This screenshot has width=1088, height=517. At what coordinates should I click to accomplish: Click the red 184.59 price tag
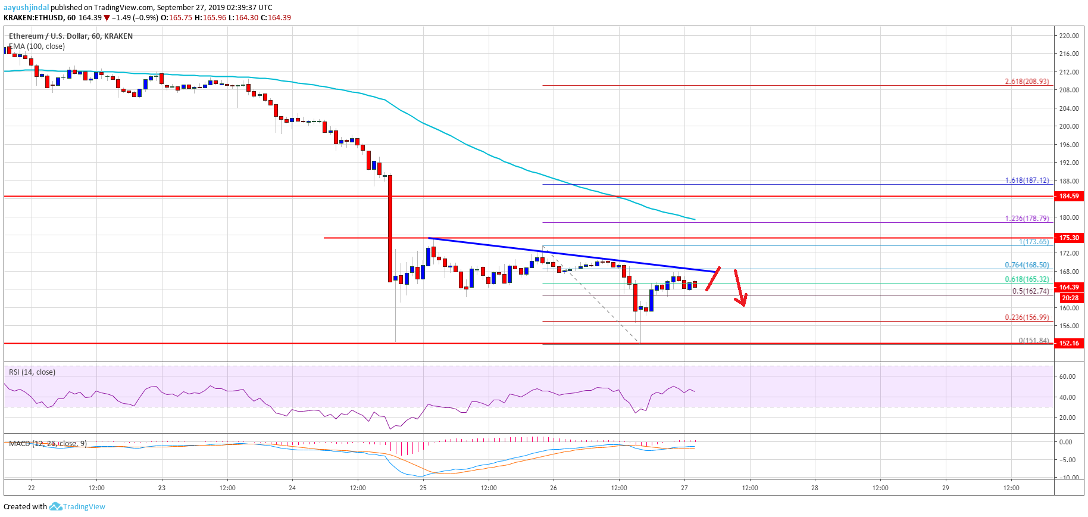(1069, 196)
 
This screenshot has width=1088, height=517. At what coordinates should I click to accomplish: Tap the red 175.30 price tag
(1069, 238)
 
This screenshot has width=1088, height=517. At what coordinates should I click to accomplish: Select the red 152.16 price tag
(1069, 343)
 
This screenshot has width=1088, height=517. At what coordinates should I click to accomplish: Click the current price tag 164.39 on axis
(1069, 287)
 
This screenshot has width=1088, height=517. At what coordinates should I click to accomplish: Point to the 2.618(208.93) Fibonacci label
(1027, 82)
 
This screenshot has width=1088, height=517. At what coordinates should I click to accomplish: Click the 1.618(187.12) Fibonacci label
(1027, 180)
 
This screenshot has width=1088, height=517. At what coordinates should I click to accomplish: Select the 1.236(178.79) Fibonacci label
(1027, 219)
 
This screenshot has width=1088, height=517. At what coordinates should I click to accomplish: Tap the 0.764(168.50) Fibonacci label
(1027, 265)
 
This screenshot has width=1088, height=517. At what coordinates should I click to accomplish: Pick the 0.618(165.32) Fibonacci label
(1027, 279)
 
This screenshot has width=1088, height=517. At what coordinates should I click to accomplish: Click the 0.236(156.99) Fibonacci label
(1027, 317)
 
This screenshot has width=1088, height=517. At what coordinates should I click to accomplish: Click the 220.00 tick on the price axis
(1069, 36)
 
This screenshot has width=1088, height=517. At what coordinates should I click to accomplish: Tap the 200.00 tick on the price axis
(1069, 126)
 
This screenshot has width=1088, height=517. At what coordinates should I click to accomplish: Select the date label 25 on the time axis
(423, 488)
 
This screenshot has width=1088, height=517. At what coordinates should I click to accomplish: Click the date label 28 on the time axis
(815, 488)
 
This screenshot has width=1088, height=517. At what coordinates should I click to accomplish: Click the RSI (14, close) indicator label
(32, 372)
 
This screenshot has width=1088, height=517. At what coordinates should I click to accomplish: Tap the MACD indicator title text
(48, 444)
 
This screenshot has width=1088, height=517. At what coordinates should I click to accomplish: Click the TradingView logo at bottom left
(77, 507)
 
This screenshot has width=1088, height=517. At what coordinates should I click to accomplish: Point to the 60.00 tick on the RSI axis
(1067, 376)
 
